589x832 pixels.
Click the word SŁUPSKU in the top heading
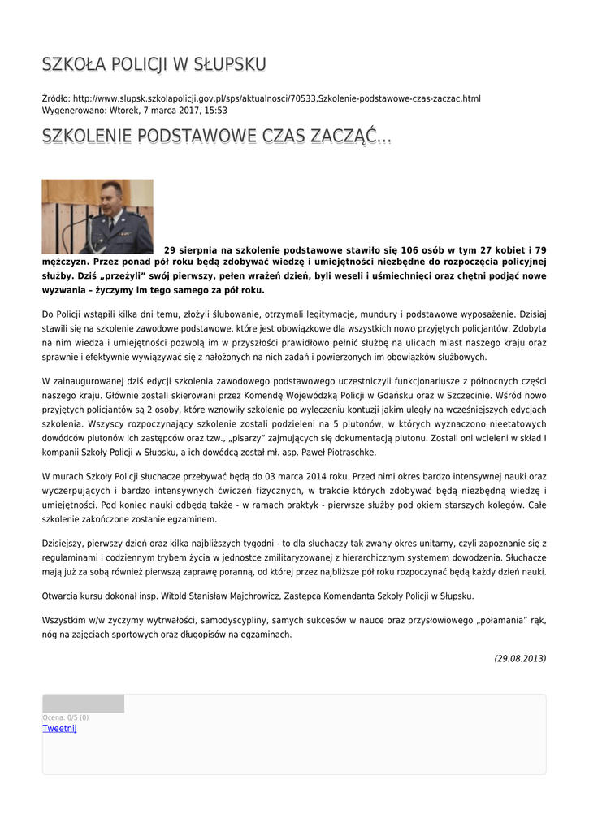click(229, 64)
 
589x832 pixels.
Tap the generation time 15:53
click(216, 110)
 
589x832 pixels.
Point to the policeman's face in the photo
click(111, 197)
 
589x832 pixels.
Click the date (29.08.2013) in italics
click(520, 658)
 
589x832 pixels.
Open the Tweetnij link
click(59, 728)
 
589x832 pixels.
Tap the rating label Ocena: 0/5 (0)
click(66, 717)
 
